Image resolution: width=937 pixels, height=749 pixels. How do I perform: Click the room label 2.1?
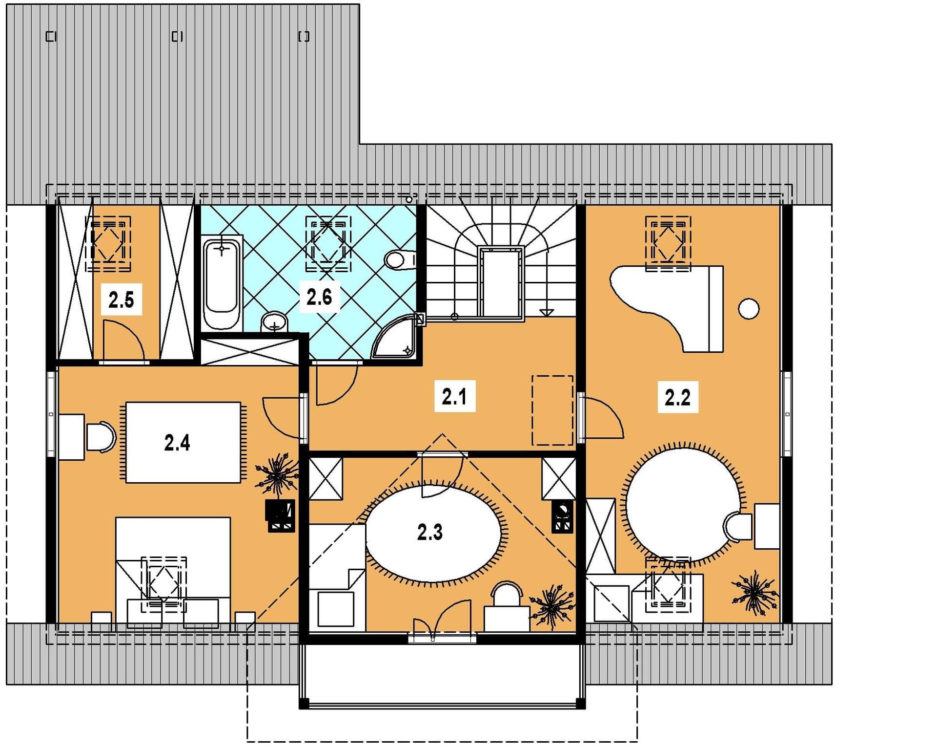pyautogui.click(x=455, y=397)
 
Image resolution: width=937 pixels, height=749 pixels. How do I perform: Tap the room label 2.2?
pyautogui.click(x=677, y=398)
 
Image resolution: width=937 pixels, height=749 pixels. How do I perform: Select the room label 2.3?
pyautogui.click(x=430, y=532)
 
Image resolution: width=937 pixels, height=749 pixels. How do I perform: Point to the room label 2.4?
pyautogui.click(x=177, y=443)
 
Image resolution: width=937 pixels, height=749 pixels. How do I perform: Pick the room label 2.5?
pyautogui.click(x=121, y=300)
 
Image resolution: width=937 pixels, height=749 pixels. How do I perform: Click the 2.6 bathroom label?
pyautogui.click(x=319, y=297)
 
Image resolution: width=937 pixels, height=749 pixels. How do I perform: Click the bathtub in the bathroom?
pyautogui.click(x=222, y=283)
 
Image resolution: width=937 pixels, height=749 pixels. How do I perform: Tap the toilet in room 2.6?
pyautogui.click(x=400, y=260)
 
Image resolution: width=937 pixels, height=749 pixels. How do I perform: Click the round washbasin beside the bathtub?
pyautogui.click(x=274, y=322)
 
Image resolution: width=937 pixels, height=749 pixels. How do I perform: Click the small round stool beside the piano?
pyautogui.click(x=749, y=309)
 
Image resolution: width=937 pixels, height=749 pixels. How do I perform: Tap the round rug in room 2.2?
pyautogui.click(x=683, y=503)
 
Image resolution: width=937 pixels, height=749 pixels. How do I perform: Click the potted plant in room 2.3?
pyautogui.click(x=551, y=606)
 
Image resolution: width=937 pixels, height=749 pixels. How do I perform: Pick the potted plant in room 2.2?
pyautogui.click(x=754, y=593)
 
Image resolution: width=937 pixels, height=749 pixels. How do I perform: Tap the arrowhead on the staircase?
pyautogui.click(x=547, y=312)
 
